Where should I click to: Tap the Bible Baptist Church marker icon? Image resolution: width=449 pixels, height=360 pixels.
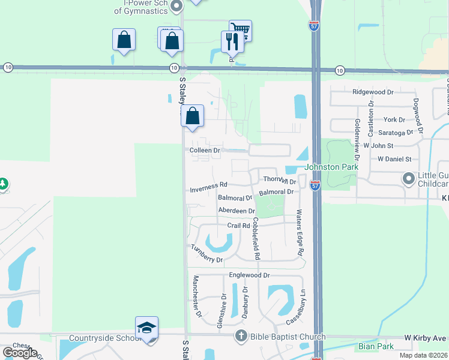241,336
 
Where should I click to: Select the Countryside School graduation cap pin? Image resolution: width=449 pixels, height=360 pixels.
146,328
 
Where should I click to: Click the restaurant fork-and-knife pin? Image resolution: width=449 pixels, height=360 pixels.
232,41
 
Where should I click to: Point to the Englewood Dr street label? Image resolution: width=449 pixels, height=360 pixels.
250,275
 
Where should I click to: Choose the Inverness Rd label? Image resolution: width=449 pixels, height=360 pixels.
208,187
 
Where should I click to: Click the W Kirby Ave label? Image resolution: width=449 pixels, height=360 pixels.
425,338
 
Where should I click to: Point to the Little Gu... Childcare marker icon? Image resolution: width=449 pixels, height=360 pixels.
409,179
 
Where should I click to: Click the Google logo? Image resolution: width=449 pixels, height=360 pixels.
19,353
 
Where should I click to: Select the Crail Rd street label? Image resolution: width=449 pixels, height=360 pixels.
238,226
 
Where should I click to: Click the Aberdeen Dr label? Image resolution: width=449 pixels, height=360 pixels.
237,211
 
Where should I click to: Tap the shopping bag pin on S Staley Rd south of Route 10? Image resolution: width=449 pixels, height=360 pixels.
193,116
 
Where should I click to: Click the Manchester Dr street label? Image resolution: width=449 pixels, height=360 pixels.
196,296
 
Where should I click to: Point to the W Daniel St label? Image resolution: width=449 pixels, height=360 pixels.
394,159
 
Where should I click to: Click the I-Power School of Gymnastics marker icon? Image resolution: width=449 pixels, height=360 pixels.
176,7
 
